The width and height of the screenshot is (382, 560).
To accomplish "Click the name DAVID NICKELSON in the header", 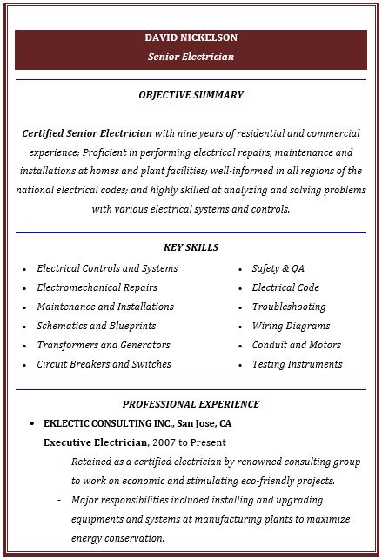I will [x=191, y=38].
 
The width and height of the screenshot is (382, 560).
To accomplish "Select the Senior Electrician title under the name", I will [x=191, y=57].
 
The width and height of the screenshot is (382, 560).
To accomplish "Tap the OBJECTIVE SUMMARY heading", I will [x=191, y=95].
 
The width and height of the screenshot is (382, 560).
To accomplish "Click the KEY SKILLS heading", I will [x=191, y=247].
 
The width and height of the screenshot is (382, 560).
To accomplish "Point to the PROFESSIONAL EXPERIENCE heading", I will [x=191, y=404].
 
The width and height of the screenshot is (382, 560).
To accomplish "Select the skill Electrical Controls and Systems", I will [x=107, y=268].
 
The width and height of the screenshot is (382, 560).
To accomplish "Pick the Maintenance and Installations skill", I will [x=105, y=307].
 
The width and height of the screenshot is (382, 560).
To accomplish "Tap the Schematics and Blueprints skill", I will [x=97, y=326].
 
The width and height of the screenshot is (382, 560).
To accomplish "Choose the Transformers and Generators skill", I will [x=104, y=345].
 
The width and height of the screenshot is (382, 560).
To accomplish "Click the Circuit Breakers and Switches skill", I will [x=104, y=364].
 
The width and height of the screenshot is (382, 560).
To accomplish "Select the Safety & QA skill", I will [x=278, y=268].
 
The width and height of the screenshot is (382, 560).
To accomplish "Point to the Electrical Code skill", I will [x=285, y=287].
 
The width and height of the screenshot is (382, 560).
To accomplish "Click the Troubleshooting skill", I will [x=289, y=307].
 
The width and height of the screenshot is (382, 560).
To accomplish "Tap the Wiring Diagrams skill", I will [x=291, y=326].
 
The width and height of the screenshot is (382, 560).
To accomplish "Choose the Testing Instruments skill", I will [x=297, y=364].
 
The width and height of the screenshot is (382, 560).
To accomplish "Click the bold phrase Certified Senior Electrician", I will [x=87, y=133].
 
